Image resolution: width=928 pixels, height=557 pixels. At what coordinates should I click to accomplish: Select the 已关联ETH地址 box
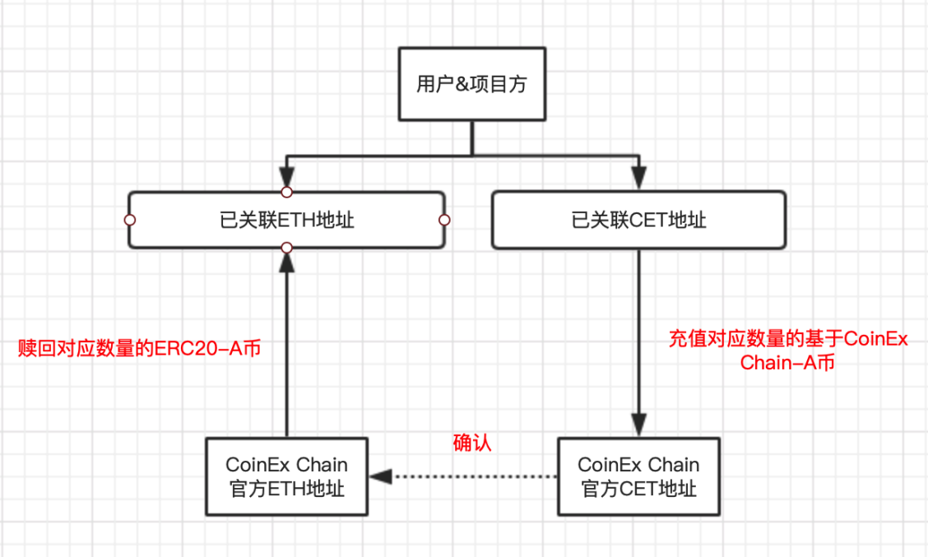(286, 220)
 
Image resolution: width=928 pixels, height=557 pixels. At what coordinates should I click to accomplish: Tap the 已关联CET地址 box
(638, 220)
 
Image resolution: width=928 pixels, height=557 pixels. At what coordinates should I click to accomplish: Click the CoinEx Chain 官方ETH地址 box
(286, 476)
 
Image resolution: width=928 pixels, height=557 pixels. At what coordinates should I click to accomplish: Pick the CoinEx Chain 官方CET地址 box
(638, 476)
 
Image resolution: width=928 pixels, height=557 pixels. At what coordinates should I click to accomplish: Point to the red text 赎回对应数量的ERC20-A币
(140, 348)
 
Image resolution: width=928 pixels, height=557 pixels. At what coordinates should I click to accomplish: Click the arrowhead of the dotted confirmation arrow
(379, 476)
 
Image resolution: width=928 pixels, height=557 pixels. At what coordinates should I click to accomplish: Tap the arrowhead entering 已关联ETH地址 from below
(286, 260)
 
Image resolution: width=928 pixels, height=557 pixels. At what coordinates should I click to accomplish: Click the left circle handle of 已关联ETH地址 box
(129, 220)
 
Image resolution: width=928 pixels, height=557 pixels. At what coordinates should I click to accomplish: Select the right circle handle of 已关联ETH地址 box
(443, 220)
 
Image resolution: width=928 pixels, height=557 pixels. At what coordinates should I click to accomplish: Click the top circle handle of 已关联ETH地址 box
(286, 192)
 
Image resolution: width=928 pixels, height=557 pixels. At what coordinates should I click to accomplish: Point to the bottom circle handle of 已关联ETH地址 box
(286, 248)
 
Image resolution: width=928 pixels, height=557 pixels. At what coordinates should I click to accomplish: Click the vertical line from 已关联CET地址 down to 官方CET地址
(638, 329)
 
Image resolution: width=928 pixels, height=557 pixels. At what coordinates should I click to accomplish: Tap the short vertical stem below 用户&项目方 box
(471, 138)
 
